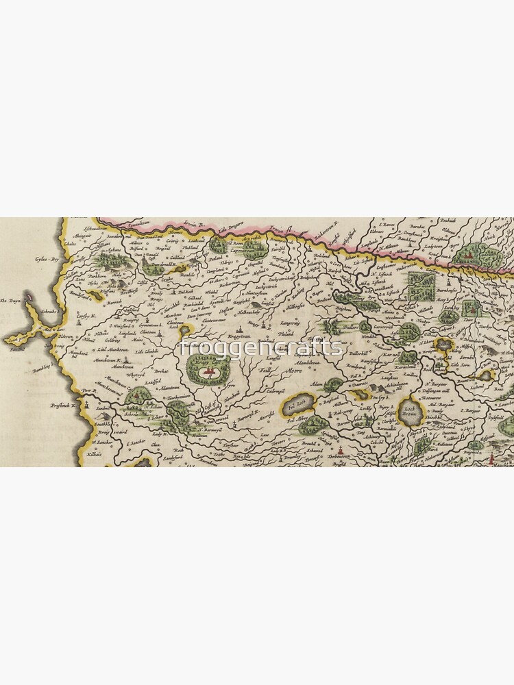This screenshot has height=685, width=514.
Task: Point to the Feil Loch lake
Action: [x=297, y=405]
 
